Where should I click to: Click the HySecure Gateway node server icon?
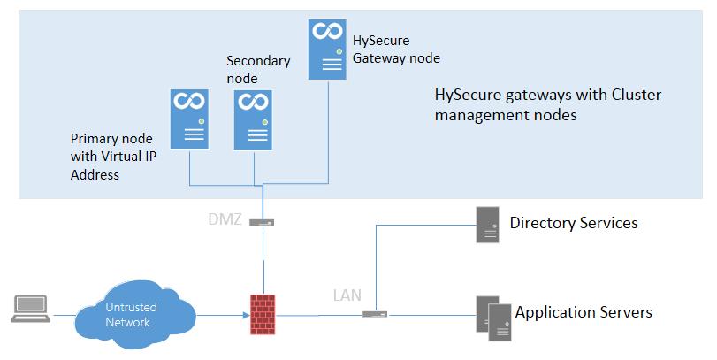point(327,50)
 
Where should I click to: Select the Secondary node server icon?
point(253,119)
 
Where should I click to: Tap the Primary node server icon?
point(189,119)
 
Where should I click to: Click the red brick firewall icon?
point(263,314)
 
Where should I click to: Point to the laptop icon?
point(31,309)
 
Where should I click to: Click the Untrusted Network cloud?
point(135,314)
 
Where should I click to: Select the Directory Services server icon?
point(487,224)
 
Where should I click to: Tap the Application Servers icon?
point(493,318)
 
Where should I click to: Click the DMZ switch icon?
point(262,223)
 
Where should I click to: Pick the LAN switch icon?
point(375,314)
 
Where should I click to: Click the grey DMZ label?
point(225,219)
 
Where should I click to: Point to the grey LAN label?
point(347,295)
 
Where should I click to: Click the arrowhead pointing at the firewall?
point(247,315)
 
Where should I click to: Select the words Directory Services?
point(574,223)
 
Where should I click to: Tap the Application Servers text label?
point(584,312)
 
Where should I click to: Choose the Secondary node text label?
point(258,70)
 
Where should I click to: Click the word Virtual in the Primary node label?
point(121,157)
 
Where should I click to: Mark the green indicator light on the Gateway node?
point(339,51)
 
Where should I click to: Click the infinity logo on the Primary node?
point(188,101)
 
